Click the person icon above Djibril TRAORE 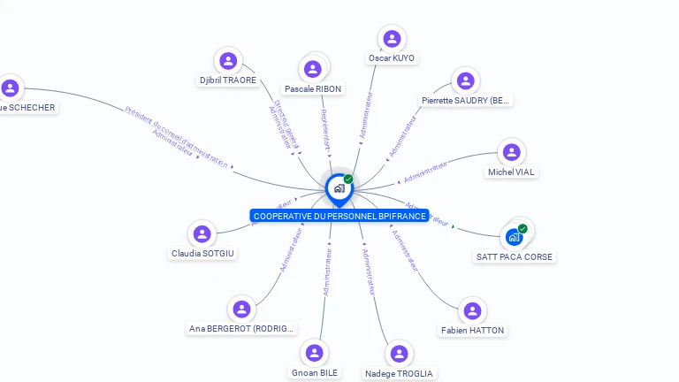[228, 61]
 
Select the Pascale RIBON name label [313, 88]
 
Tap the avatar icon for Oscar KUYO [392, 39]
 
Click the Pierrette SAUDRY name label [465, 101]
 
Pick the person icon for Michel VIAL [511, 152]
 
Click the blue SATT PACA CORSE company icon [514, 237]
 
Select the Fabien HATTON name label [473, 330]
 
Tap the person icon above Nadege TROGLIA [399, 354]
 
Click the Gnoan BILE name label [315, 373]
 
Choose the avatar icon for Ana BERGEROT [241, 309]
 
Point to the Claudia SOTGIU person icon [202, 234]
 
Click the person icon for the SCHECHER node [10, 88]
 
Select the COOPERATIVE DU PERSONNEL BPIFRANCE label [339, 216]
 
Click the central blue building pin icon [338, 188]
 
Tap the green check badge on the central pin [348, 180]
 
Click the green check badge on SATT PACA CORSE [523, 229]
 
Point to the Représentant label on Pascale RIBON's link [324, 130]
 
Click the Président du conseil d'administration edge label [177, 135]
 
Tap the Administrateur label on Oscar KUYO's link [367, 115]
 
